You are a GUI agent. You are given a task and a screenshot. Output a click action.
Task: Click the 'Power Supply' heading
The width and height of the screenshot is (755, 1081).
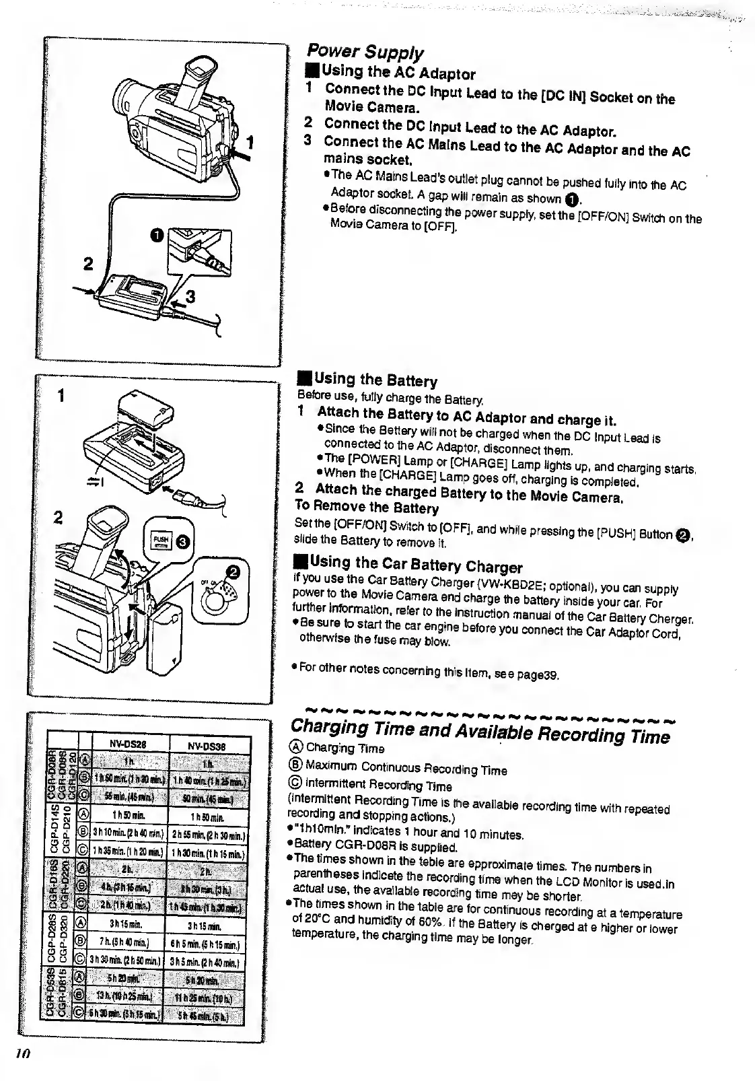pos(365,52)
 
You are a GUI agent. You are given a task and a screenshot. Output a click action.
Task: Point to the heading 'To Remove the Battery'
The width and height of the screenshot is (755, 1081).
pos(367,506)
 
